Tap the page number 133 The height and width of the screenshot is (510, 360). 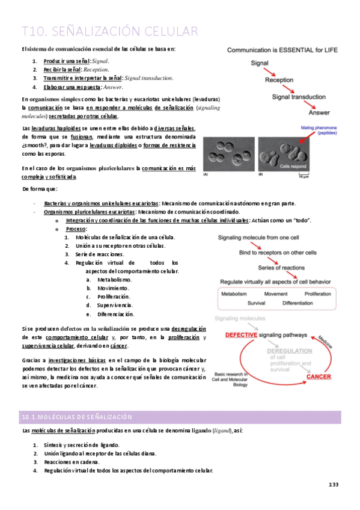[x=334, y=485]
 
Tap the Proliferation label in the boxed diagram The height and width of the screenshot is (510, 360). [x=317, y=294]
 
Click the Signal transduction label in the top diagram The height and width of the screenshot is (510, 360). [x=298, y=96]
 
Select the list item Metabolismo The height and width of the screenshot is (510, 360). [x=114, y=280]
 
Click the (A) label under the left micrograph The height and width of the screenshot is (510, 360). [x=206, y=174]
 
